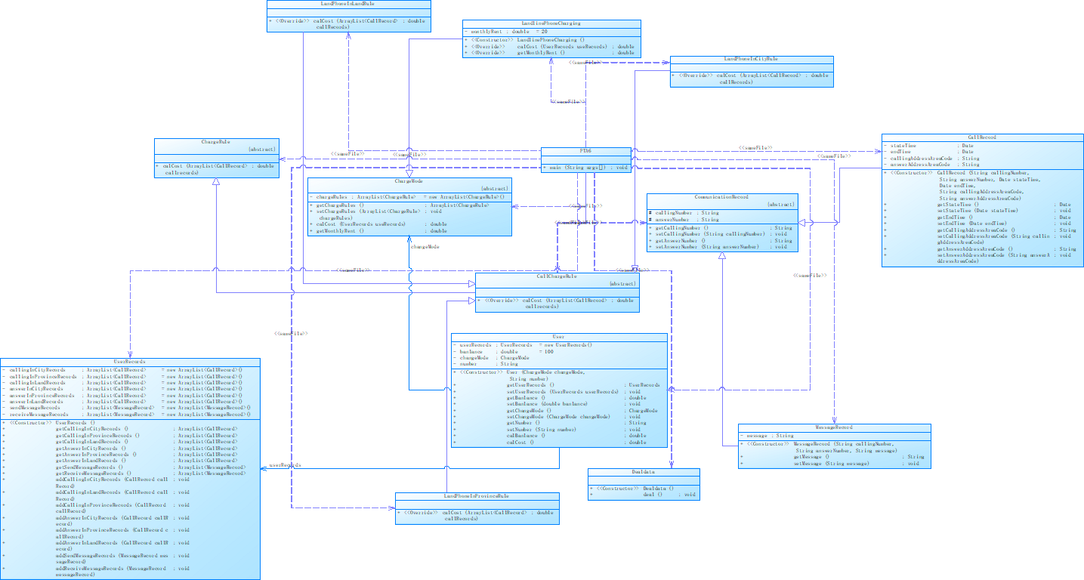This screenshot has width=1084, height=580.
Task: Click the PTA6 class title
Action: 585,151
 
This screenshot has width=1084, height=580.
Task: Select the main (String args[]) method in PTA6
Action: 585,167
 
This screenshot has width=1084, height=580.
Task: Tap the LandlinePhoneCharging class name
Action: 551,23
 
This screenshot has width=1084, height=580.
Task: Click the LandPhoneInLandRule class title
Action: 348,5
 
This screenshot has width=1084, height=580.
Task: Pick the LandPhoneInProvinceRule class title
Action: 477,496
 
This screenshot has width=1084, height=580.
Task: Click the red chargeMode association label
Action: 425,246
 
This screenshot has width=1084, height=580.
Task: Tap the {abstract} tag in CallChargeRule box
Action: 622,283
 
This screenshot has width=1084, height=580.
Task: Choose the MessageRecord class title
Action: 833,427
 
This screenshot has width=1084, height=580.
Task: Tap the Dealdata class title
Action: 643,471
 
